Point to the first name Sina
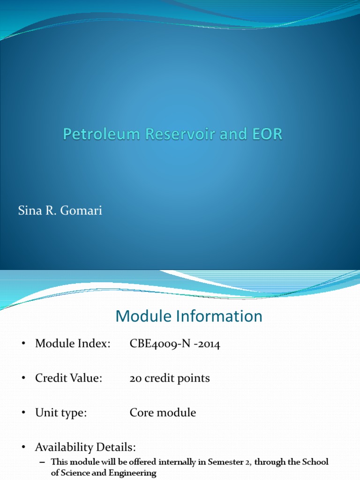coord(28,211)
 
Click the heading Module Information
coord(189,316)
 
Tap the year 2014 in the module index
coord(208,344)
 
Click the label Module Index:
coord(73,344)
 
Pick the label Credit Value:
coord(68,378)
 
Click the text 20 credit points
coord(170,378)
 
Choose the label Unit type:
coord(61,413)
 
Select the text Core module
coord(163,413)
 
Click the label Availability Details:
coord(85,447)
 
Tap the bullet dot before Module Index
coord(22,345)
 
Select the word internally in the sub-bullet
coord(181,462)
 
